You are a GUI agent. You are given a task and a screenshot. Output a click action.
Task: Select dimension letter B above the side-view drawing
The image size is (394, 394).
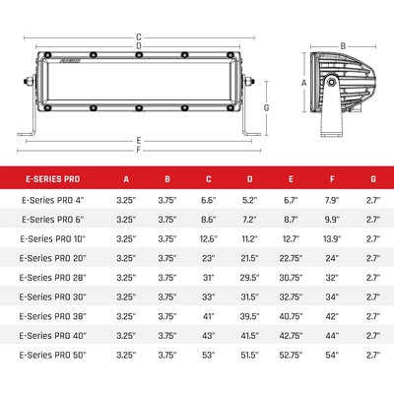(x=342, y=45)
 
